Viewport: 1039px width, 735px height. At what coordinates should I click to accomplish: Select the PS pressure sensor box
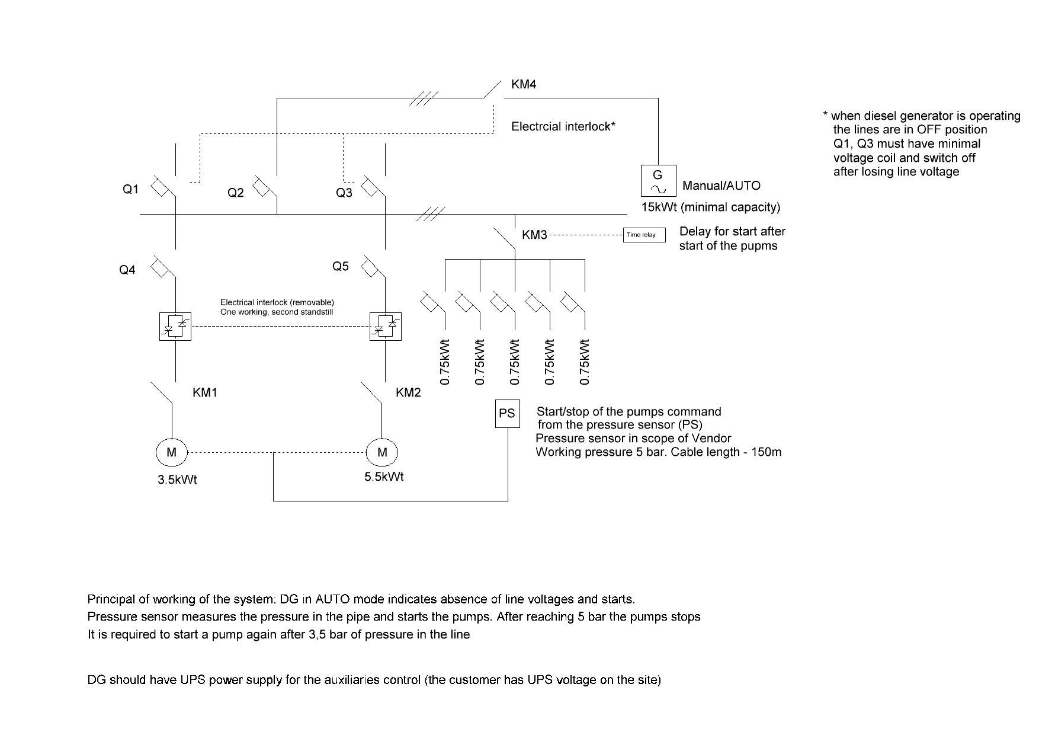[x=507, y=413]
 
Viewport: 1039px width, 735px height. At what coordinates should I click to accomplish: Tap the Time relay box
[x=644, y=235]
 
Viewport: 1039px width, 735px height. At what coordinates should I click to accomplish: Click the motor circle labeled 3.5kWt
[x=171, y=453]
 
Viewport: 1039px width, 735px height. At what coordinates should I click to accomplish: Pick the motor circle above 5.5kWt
[x=382, y=453]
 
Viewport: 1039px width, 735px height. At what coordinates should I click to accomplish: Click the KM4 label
[x=524, y=85]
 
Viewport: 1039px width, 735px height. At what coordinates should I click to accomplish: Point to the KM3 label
[x=534, y=235]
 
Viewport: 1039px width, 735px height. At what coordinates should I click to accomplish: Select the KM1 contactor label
[x=205, y=392]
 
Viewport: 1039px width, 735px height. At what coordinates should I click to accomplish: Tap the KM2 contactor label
[x=408, y=392]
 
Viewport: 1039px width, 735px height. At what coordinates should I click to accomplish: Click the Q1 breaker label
[x=130, y=189]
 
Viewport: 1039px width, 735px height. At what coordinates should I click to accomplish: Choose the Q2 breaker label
[x=236, y=193]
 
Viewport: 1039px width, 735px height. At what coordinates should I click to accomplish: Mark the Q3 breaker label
[x=344, y=193]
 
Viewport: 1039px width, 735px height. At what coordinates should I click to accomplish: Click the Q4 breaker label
[x=127, y=270]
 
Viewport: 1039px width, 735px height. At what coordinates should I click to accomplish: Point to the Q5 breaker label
[x=341, y=266]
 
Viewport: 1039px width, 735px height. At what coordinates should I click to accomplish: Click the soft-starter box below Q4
[x=175, y=326]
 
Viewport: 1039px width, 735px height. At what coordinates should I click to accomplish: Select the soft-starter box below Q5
[x=386, y=326]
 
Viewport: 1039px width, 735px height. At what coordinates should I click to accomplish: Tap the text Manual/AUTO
[x=721, y=186]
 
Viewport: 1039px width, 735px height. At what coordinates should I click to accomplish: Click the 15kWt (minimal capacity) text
[x=711, y=207]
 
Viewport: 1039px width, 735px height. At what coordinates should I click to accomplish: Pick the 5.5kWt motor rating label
[x=384, y=477]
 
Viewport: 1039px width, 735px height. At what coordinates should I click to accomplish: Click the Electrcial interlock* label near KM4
[x=563, y=126]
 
